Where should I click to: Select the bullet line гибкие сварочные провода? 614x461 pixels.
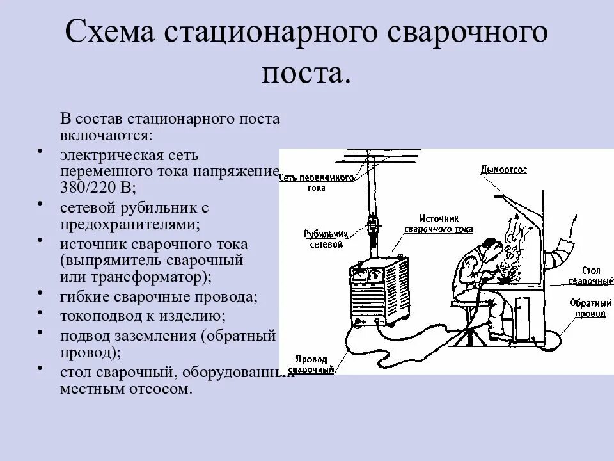pyautogui.click(x=159, y=297)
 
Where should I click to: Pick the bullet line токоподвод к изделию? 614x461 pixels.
pyautogui.click(x=143, y=316)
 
